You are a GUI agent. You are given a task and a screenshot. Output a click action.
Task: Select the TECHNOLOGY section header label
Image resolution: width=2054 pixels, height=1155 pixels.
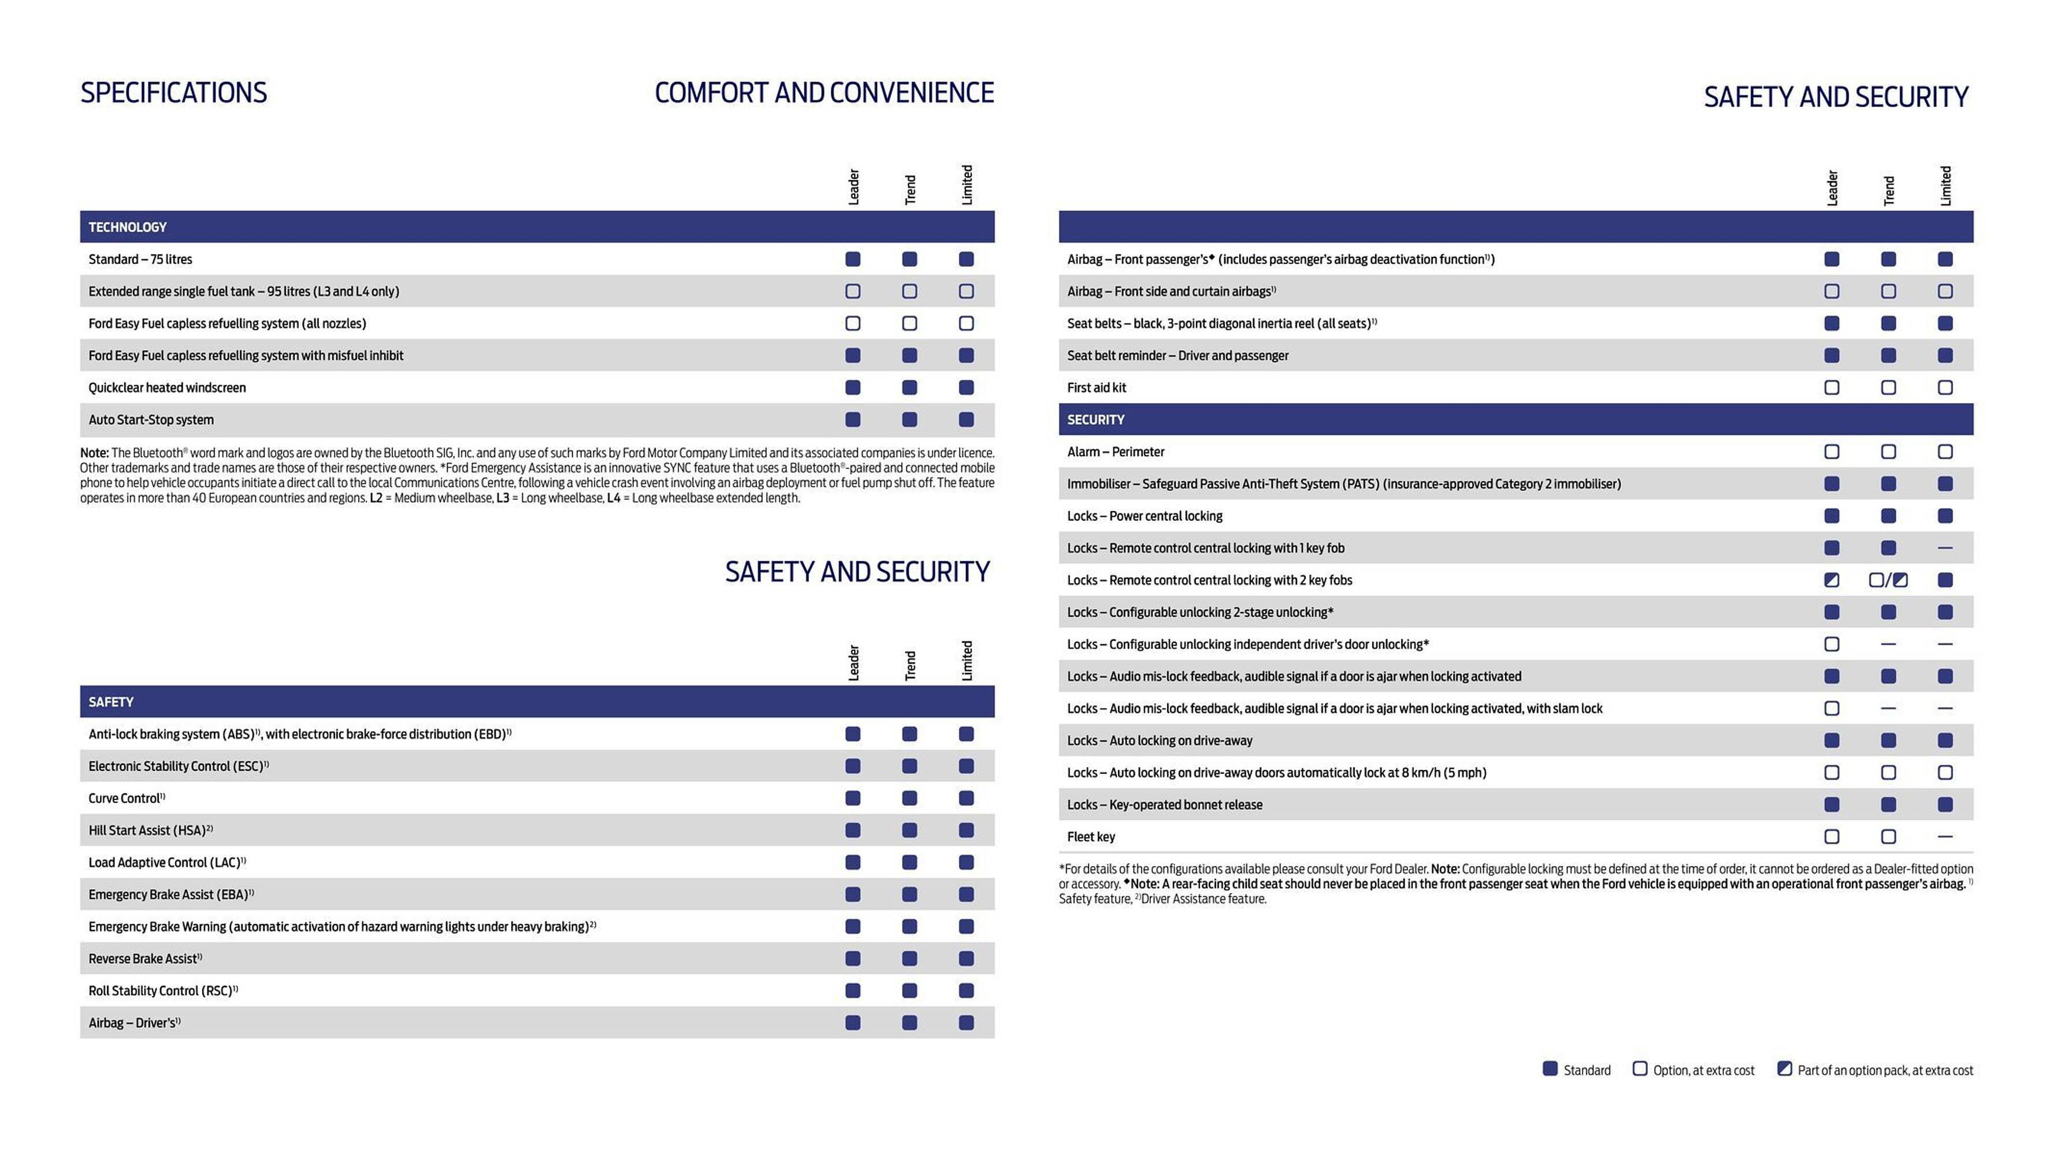click(128, 227)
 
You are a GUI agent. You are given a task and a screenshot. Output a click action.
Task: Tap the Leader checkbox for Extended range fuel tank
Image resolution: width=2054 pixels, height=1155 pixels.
click(852, 291)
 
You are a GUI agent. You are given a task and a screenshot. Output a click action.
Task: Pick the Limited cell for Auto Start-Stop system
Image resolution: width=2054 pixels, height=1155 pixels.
click(965, 419)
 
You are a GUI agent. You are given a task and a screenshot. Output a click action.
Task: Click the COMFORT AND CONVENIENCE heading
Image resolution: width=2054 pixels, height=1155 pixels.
click(824, 92)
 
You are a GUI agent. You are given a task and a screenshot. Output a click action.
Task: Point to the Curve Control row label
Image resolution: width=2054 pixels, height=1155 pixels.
click(126, 798)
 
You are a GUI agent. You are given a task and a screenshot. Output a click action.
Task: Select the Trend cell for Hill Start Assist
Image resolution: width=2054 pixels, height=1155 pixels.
click(909, 830)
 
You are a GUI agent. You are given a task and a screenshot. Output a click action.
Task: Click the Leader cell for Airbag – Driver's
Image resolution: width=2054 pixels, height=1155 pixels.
click(852, 1023)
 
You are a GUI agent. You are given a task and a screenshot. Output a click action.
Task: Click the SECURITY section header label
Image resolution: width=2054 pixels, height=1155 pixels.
click(1095, 419)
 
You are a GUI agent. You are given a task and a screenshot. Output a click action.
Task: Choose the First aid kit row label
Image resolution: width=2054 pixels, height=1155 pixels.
click(1097, 388)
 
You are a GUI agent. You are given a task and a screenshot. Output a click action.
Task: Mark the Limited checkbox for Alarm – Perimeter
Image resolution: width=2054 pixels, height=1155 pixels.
click(1945, 452)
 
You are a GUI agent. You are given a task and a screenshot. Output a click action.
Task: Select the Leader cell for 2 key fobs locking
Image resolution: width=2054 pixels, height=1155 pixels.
click(1832, 580)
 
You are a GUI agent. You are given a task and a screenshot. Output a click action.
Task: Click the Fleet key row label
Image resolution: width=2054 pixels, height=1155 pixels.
click(1091, 837)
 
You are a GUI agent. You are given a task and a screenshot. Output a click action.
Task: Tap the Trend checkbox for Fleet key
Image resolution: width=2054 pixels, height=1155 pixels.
click(1888, 837)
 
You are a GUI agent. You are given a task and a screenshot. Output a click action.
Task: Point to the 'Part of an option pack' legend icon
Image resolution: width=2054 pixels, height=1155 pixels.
click(1785, 1069)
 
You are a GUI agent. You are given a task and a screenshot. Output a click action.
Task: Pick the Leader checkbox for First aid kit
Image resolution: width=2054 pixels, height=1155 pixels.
click(1832, 388)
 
